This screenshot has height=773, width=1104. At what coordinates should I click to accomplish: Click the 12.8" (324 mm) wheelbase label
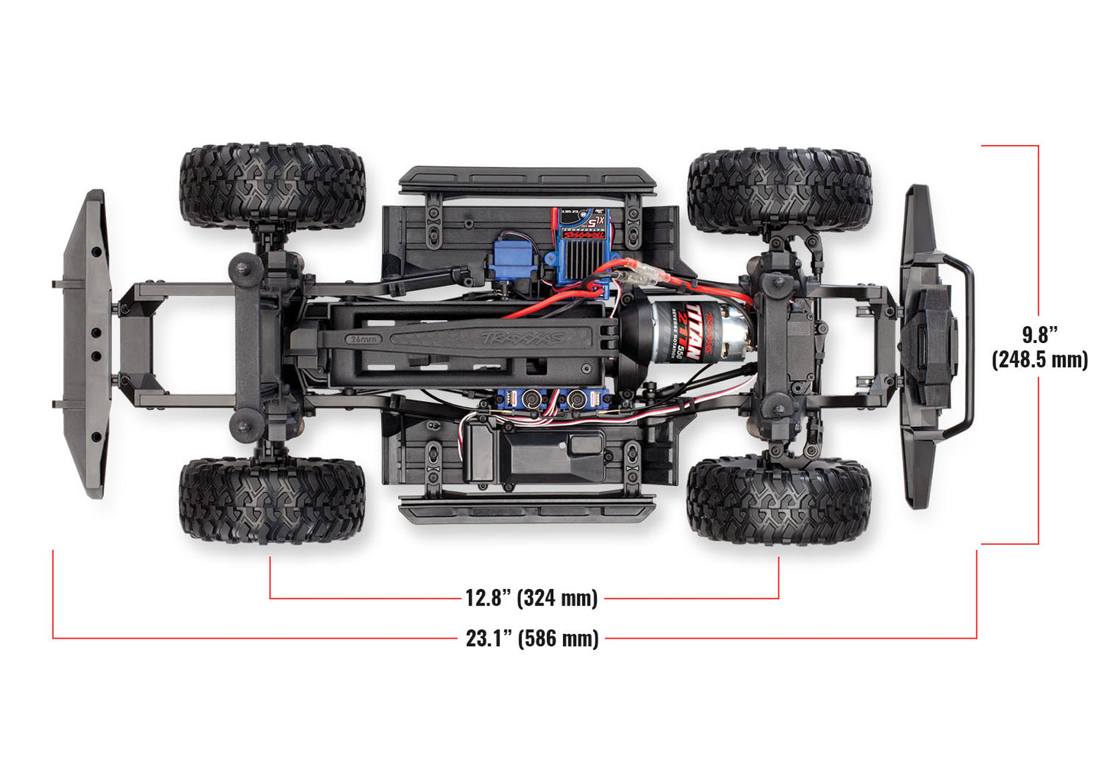coord(531,597)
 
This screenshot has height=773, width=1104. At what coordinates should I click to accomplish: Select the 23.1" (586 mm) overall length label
coord(532,638)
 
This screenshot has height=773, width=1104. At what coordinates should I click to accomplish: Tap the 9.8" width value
coord(1040,335)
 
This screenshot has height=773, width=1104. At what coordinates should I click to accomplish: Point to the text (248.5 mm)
coord(1040,359)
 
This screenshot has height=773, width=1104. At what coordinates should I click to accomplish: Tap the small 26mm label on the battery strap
coord(363,338)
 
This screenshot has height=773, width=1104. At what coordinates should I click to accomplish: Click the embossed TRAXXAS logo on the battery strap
coord(523,337)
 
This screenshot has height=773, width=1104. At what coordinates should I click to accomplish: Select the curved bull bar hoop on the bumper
coord(966,348)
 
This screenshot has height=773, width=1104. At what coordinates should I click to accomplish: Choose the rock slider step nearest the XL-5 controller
coord(527,180)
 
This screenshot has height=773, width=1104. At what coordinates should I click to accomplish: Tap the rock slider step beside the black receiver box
coord(527,509)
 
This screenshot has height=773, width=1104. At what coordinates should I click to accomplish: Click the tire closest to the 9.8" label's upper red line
coord(779,191)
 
